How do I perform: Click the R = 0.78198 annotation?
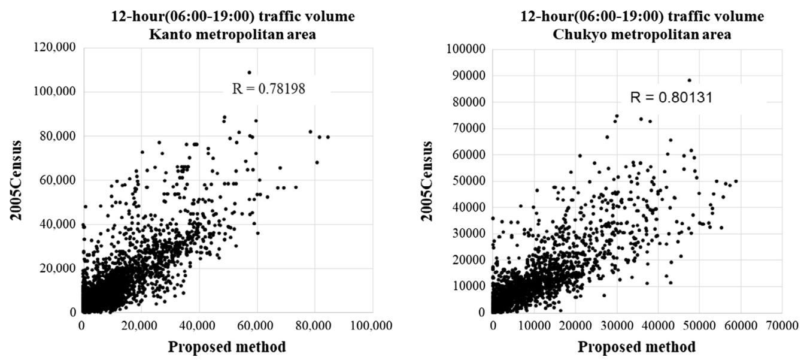pyautogui.click(x=269, y=89)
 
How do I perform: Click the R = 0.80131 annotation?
pyautogui.click(x=671, y=97)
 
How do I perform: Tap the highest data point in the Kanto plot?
pyautogui.click(x=249, y=72)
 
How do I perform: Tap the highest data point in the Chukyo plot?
pyautogui.click(x=690, y=80)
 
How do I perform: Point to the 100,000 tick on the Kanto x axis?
pyautogui.click(x=372, y=326)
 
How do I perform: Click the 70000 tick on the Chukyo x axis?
pyautogui.click(x=782, y=326)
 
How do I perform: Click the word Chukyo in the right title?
pyautogui.click(x=577, y=35)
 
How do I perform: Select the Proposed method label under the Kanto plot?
pyautogui.click(x=227, y=347)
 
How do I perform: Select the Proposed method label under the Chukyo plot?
pyautogui.click(x=637, y=347)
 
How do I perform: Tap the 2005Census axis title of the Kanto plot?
pyautogui.click(x=16, y=180)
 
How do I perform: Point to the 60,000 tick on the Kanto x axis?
pyautogui.click(x=257, y=326)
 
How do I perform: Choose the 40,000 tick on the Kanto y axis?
pyautogui.click(x=59, y=224)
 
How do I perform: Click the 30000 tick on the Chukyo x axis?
pyautogui.click(x=617, y=326)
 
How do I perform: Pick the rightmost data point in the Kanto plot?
pyautogui.click(x=327, y=137)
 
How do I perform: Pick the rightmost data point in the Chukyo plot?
pyautogui.click(x=736, y=181)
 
